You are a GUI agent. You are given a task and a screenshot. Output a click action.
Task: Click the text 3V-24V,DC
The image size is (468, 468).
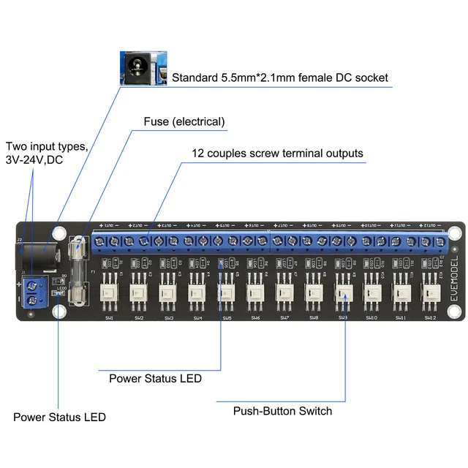pos(37,159)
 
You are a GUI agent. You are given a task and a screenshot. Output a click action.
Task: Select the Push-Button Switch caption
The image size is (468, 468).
pos(282,411)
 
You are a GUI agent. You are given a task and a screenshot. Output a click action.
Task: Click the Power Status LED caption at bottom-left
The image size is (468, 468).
pos(59,417)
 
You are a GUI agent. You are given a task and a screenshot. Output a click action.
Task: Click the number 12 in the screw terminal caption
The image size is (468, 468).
pos(197,154)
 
